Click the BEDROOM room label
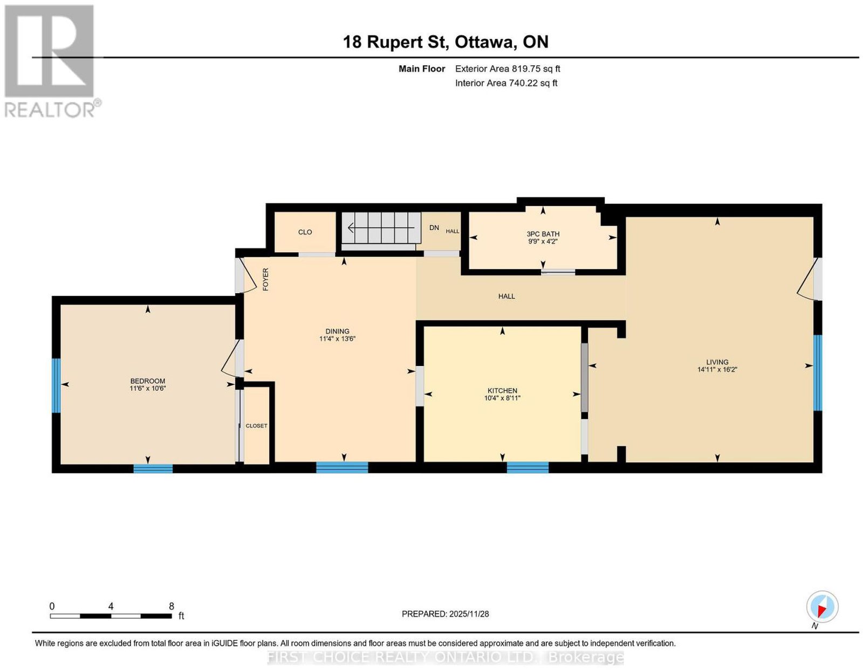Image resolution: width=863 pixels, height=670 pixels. coord(147,381)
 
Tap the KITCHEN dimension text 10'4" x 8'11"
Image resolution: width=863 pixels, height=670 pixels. coord(502,398)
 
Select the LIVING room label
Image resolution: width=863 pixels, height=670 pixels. coord(717,362)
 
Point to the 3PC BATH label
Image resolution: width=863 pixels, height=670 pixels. coord(543,234)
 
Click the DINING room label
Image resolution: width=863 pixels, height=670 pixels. coord(337,331)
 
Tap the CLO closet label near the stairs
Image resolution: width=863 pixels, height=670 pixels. coord(305,232)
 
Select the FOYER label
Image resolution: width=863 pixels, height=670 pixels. coord(266,279)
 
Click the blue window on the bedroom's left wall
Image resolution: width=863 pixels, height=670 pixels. coord(57,385)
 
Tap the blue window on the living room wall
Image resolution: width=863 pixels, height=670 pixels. coord(817,372)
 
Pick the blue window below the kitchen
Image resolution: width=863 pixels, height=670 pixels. coord(528,467)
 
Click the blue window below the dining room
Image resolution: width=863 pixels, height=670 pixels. coord(342,467)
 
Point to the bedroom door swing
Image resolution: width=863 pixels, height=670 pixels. coord(230,359)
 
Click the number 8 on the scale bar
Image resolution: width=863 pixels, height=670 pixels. coord(172,606)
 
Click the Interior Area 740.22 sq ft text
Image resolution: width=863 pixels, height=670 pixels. coord(506,83)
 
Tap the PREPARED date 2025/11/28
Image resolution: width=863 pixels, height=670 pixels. coord(469,613)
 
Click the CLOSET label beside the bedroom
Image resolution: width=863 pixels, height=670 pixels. coord(256,426)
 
